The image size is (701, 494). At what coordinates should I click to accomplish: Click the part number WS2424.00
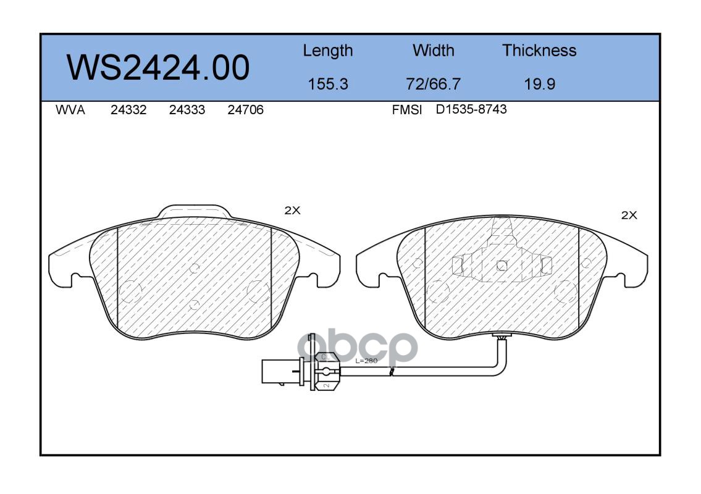pos(158,68)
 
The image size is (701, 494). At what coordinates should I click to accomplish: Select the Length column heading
pos(328,51)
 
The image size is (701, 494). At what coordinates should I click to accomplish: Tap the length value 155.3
pos(328,84)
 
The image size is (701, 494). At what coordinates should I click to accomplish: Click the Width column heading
pos(433,50)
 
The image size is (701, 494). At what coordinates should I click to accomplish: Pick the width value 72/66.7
pos(433,84)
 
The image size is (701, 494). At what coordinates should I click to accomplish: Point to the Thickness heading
pos(539,50)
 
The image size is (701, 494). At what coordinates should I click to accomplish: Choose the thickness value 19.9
pos(540,84)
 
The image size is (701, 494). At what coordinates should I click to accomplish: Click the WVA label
pos(70,110)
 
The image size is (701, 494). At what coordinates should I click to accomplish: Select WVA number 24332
pos(128,110)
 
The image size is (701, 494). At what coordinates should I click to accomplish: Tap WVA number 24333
pos(187,110)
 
